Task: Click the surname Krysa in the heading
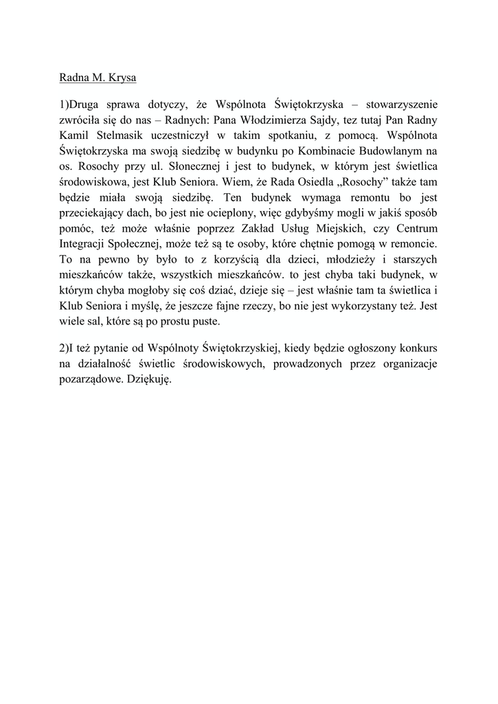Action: point(121,78)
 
